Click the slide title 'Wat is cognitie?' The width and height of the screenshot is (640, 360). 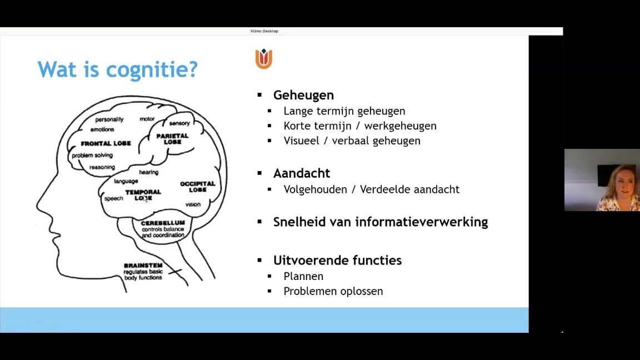coord(118,69)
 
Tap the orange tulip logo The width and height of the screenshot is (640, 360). coord(264,59)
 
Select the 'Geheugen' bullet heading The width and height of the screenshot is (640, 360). coord(303,95)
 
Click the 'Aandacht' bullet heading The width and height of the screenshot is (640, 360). coord(301,173)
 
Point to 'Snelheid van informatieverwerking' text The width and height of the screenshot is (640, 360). coord(381,222)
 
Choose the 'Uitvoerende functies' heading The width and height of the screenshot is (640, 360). coord(337,260)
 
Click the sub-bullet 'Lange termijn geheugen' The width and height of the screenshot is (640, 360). coord(344,111)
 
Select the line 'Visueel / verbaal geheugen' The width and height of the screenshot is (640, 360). coord(352,141)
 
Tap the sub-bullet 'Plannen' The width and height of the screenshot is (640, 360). coord(303,276)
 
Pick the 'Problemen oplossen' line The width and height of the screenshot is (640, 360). coord(333,292)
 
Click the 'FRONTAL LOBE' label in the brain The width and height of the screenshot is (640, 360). coord(106,143)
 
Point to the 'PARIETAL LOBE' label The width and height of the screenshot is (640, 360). coord(172,139)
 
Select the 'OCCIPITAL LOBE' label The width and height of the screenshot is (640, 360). coord(198,187)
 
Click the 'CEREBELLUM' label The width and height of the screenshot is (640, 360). coord(163,223)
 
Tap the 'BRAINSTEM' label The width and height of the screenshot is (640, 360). coord(143,266)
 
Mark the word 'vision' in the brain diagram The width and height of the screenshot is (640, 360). coord(193,204)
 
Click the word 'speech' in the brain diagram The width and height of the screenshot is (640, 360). coord(113,199)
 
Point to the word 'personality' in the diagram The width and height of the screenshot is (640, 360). coord(109,119)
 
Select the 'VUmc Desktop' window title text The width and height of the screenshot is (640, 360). coord(264,31)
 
